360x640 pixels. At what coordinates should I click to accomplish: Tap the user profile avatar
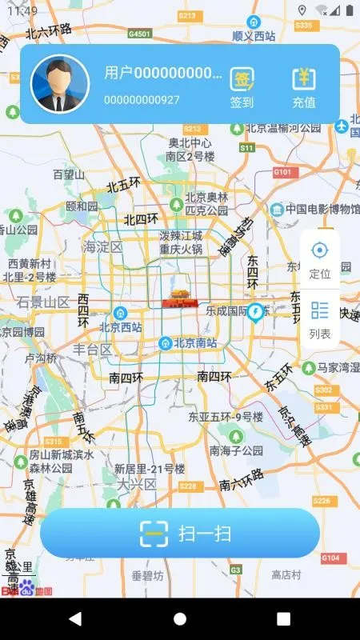click(59, 83)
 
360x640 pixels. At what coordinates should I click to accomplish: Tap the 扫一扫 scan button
click(180, 533)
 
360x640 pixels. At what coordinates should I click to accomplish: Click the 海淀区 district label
click(103, 247)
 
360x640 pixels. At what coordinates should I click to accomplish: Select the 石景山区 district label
click(44, 302)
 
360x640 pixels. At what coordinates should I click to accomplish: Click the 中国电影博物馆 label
click(322, 210)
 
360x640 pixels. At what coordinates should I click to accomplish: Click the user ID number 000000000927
click(142, 100)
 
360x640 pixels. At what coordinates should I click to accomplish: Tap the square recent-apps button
click(283, 618)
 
